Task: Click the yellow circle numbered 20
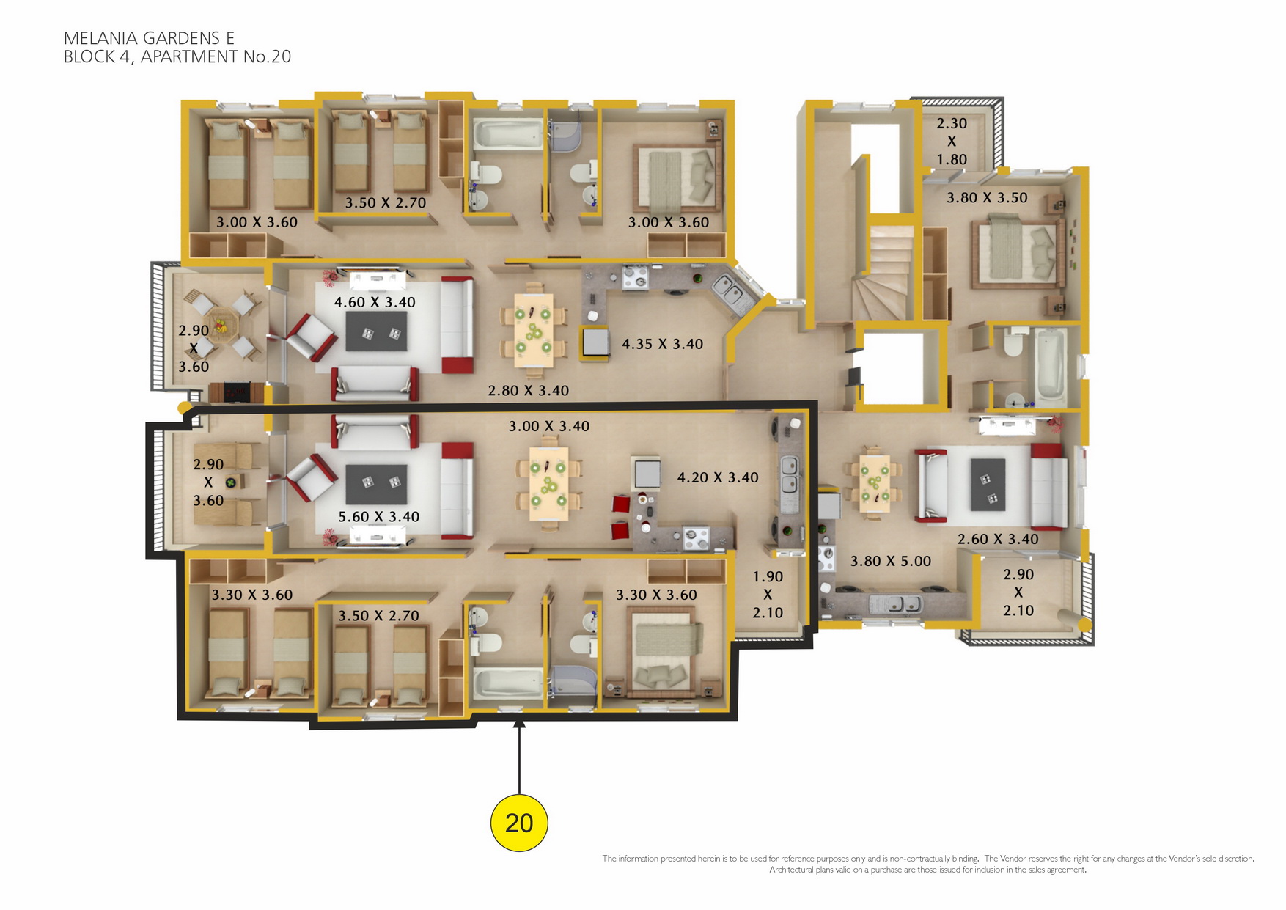tap(519, 823)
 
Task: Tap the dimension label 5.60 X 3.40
tap(378, 517)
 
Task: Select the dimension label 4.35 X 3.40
tap(662, 344)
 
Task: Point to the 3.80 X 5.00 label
tap(890, 562)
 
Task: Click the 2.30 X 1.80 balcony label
tap(952, 142)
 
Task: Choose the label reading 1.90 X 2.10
tap(768, 595)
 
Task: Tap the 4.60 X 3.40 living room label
tap(375, 302)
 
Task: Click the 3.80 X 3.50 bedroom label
tap(987, 198)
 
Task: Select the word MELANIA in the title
tap(111, 38)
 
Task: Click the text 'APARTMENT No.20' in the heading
tap(216, 56)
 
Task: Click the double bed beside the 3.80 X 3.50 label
tap(1018, 251)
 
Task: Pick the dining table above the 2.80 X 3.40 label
tap(534, 330)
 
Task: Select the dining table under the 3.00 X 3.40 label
tap(548, 484)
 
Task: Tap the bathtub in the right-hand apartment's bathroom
tap(1050, 367)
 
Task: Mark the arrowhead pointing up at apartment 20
tap(519, 724)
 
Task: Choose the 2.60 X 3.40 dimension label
tap(998, 540)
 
